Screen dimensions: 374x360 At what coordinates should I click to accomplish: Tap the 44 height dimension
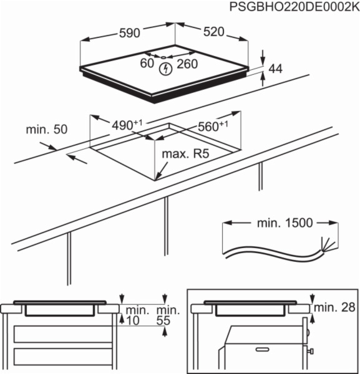pos(275,69)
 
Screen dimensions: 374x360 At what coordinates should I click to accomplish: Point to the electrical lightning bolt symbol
pos(165,69)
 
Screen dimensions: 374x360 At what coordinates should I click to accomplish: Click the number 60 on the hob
pos(147,64)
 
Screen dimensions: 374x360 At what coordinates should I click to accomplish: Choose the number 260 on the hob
pos(187,64)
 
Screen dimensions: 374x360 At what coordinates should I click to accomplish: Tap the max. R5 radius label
pos(185,154)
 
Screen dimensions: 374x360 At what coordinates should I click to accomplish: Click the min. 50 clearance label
pos(46,130)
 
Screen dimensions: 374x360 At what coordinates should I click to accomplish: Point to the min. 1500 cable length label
pos(283,223)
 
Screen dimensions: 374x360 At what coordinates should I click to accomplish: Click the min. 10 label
pos(135,315)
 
